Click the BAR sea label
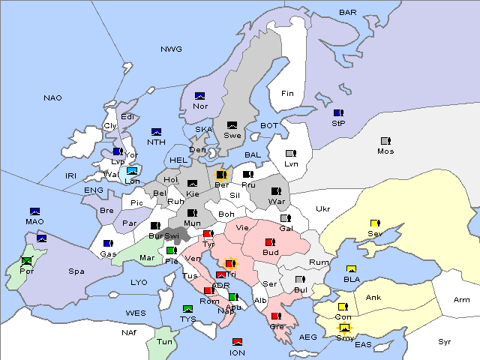click(347, 13)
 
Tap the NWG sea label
click(171, 49)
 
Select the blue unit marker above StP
click(338, 113)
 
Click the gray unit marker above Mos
click(385, 141)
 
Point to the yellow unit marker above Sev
click(374, 223)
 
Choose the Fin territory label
click(287, 94)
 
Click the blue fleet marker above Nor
click(199, 96)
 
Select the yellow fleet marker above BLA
click(350, 269)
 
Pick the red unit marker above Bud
click(270, 242)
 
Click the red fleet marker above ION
click(237, 342)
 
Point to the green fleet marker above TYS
click(187, 309)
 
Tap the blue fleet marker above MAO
click(34, 211)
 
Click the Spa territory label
click(76, 271)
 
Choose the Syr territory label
click(445, 341)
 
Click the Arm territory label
click(462, 300)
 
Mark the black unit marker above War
click(276, 191)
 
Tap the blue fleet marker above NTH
click(156, 132)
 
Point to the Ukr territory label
click(322, 209)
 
